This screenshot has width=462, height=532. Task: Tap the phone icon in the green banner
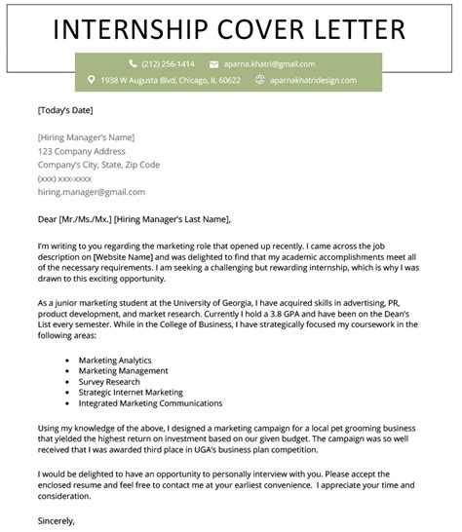(x=132, y=63)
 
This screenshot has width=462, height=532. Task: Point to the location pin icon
(x=91, y=80)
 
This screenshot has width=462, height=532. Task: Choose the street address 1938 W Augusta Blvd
(x=136, y=80)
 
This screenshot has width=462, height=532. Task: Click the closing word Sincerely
(x=57, y=520)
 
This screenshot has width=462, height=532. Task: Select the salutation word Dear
(x=48, y=218)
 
